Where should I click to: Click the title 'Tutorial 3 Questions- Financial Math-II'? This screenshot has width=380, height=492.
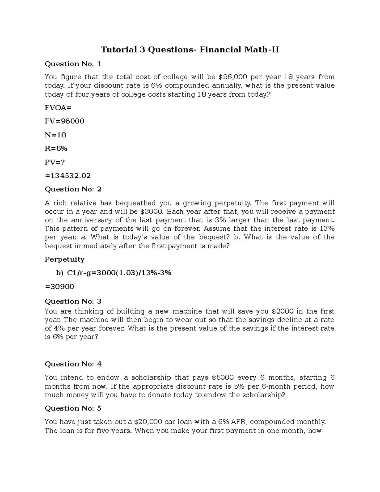click(x=190, y=50)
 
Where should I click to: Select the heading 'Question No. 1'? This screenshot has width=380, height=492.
click(x=73, y=64)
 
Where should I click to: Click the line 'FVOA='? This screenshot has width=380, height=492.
click(x=58, y=108)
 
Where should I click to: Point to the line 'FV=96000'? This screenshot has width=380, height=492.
click(x=65, y=121)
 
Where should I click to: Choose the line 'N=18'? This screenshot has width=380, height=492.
click(x=55, y=135)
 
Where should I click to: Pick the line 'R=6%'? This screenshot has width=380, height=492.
click(x=56, y=149)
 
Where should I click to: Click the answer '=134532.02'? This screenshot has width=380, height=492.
click(x=68, y=176)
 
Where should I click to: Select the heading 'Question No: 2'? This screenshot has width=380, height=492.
click(x=73, y=189)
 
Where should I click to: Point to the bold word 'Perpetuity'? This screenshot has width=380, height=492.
click(x=65, y=259)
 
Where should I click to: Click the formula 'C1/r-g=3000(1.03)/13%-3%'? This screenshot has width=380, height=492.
click(x=117, y=273)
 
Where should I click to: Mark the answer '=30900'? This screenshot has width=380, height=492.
click(x=60, y=287)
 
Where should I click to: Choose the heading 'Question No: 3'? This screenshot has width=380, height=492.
click(x=73, y=301)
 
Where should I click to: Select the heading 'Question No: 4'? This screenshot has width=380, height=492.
click(x=73, y=364)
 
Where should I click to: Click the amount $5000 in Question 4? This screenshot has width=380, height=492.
click(x=223, y=378)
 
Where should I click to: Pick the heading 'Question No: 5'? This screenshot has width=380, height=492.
click(x=73, y=408)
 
